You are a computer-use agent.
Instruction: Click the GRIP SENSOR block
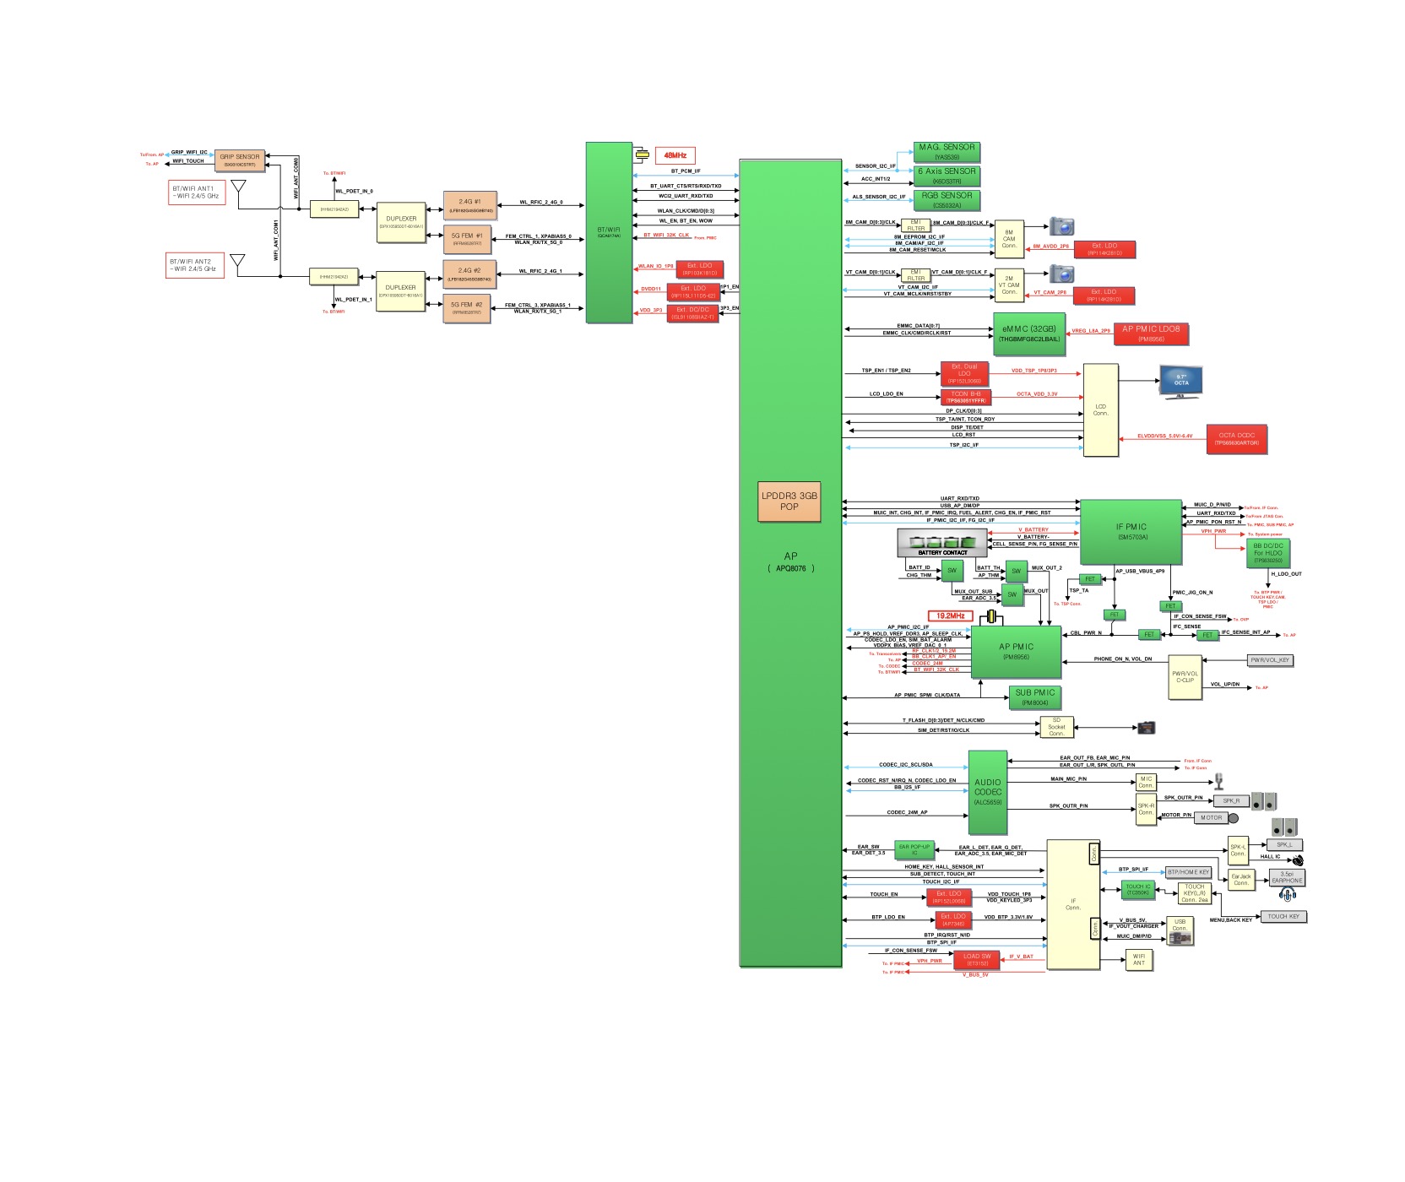point(240,160)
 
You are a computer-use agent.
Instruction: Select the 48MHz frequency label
point(675,155)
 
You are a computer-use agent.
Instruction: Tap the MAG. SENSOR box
point(947,151)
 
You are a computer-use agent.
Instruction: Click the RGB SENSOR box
point(947,199)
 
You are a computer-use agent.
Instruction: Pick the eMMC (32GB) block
point(1028,333)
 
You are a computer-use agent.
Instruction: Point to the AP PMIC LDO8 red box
point(1151,333)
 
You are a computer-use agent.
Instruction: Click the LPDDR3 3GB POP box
point(789,501)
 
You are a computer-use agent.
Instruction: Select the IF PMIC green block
point(1131,531)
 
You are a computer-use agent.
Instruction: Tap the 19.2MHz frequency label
point(950,615)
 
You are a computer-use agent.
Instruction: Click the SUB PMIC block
point(1034,697)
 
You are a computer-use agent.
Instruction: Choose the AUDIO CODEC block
point(987,792)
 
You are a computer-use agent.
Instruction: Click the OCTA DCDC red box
point(1236,439)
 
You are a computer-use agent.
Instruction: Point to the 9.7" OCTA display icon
point(1181,382)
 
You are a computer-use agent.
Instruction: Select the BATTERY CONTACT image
point(942,543)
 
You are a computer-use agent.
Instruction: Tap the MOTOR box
point(1211,817)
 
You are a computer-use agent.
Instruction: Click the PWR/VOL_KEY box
point(1269,660)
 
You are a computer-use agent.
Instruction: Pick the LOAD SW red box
point(977,960)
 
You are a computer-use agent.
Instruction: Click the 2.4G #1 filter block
point(469,205)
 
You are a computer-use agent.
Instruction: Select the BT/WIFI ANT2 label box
point(196,266)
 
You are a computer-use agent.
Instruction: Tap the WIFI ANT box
point(1138,959)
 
